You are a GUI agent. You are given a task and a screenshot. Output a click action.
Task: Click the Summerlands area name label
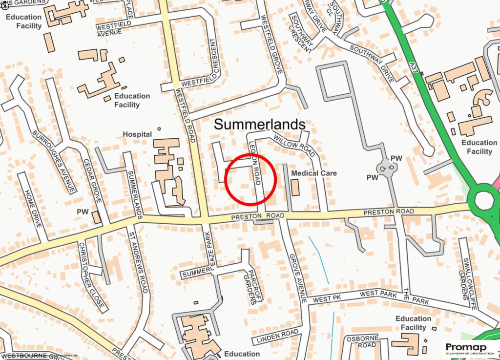click(260, 125)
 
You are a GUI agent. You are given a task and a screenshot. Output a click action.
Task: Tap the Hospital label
click(137, 134)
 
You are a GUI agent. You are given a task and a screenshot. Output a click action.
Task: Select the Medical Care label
click(313, 173)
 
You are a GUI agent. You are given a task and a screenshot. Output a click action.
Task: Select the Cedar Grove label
click(92, 181)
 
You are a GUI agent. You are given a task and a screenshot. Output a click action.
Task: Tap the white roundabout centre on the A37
click(484, 200)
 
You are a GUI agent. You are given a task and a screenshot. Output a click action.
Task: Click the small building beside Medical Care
click(295, 188)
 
